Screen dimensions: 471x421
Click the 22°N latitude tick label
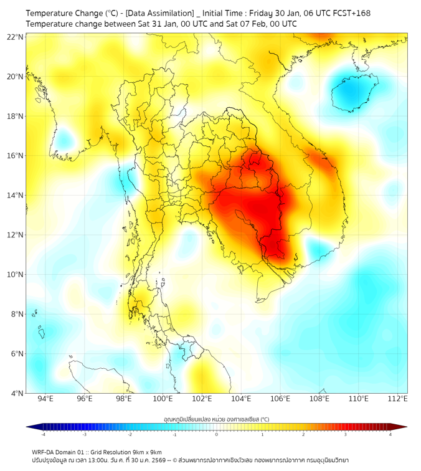pos(16,37)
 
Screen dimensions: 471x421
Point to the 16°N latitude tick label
pos(16,156)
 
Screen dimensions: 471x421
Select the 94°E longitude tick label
pos(45,399)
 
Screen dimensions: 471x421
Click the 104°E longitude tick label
pos(242,399)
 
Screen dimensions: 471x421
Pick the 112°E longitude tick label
pos(398,399)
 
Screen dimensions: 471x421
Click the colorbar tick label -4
pos(43,434)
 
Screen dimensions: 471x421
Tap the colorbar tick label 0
pos(217,434)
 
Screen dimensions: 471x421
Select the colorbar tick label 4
pos(390,434)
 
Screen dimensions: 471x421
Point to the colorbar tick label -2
pos(130,434)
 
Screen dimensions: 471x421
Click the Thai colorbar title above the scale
pos(216,419)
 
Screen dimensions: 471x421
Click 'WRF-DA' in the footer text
pos(44,452)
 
